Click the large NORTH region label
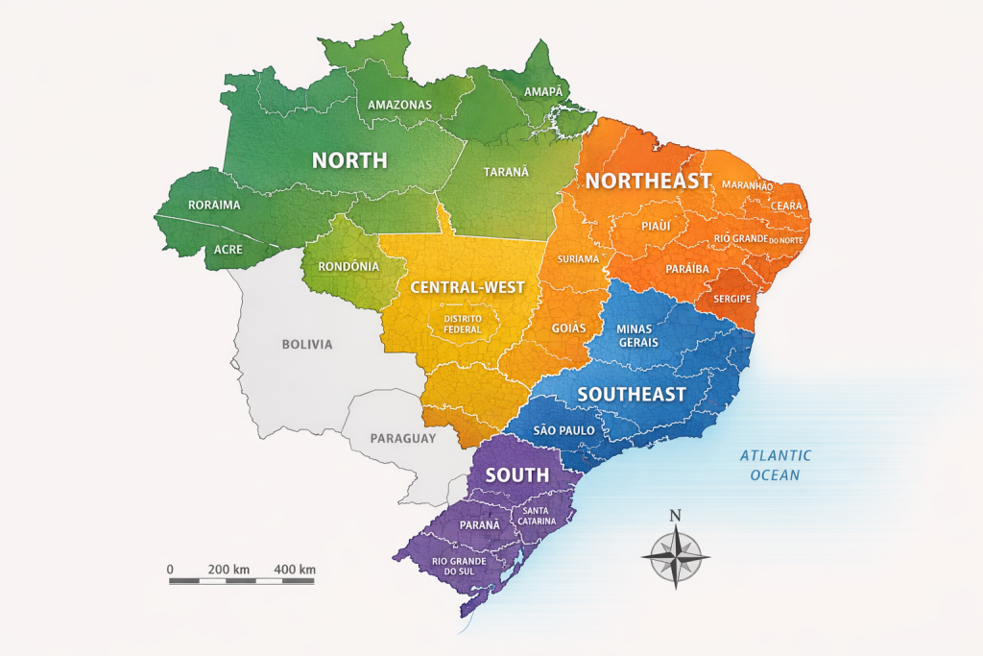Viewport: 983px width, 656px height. point(349,160)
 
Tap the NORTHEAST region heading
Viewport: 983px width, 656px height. point(648,181)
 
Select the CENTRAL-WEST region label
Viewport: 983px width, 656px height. point(468,287)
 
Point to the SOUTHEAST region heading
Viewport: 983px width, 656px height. point(632,394)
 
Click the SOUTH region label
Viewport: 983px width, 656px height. point(517,474)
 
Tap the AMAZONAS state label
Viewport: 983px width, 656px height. point(400,105)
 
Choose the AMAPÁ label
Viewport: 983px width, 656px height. point(543,91)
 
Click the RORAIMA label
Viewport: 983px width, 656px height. point(214,205)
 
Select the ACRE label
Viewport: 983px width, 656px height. point(228,250)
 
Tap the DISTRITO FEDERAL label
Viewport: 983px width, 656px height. point(463,323)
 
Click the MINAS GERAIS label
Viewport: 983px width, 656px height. point(638,335)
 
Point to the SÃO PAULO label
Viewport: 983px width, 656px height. point(563,430)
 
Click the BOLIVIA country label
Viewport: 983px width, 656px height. point(307,344)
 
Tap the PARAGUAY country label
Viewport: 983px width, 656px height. point(403,438)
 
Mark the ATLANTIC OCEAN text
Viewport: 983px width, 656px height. point(776,465)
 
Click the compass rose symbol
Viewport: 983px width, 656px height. point(675,556)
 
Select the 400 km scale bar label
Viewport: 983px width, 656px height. point(294,570)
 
